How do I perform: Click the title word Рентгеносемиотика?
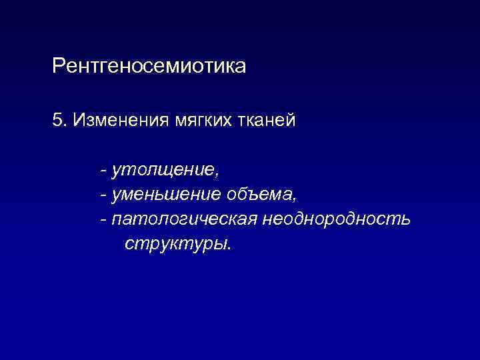[x=149, y=67]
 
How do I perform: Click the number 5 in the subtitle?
[x=57, y=122]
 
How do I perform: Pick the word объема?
[x=260, y=195]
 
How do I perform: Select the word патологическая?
[x=184, y=219]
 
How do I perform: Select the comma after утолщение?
[x=216, y=175]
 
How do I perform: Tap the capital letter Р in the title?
[x=58, y=67]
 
